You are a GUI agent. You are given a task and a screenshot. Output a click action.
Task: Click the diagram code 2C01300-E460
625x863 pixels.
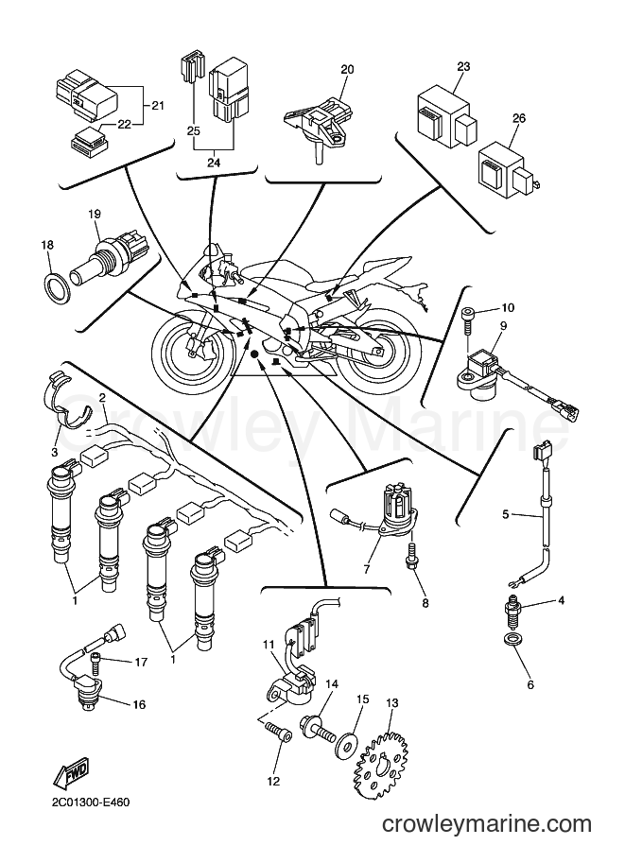click(x=92, y=803)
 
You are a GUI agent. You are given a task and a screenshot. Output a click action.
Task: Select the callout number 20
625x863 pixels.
click(x=347, y=69)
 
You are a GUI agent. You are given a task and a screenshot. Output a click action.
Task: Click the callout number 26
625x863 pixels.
click(x=519, y=118)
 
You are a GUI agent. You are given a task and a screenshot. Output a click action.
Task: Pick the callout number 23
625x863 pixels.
click(x=463, y=66)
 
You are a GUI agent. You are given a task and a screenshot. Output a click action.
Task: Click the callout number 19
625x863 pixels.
click(x=95, y=214)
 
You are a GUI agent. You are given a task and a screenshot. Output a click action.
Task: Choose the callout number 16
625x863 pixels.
click(x=139, y=704)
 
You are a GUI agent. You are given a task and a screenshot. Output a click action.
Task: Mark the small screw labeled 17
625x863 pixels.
click(x=96, y=662)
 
